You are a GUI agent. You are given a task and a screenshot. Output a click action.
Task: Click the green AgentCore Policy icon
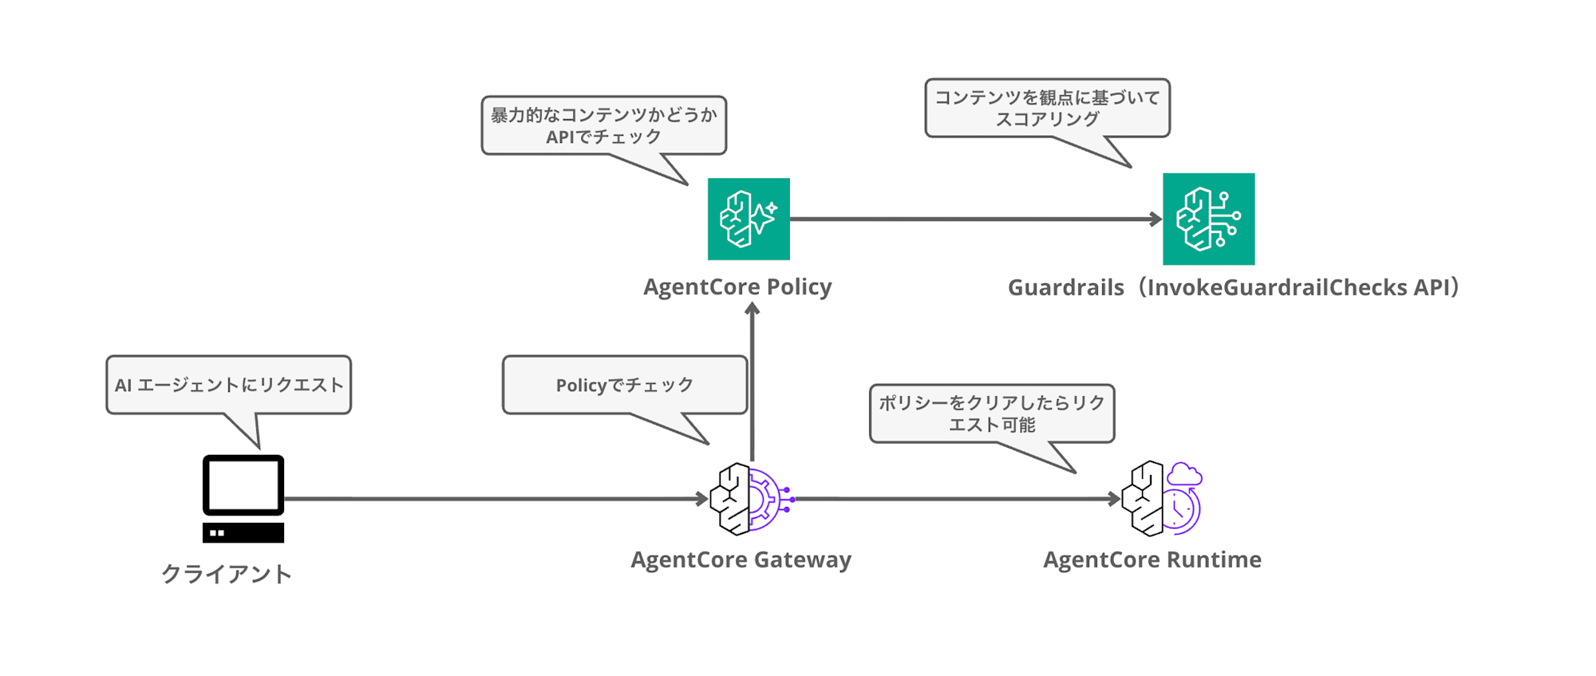tap(749, 219)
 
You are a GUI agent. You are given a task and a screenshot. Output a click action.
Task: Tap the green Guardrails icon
tap(1209, 219)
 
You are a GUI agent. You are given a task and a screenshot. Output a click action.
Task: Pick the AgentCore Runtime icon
tap(1162, 499)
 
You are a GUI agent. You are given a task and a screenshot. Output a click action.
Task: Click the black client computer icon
tap(243, 499)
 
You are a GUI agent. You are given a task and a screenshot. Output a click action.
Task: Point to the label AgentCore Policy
tap(737, 287)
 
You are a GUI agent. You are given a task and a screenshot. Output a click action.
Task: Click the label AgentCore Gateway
tap(741, 559)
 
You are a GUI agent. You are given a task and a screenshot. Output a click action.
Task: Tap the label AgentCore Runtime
tap(1152, 559)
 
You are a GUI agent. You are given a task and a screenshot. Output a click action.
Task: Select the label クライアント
tap(227, 574)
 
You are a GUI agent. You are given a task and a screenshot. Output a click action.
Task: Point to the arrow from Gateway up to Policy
tap(752, 381)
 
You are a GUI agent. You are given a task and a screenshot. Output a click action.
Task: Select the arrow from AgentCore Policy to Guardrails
tap(976, 219)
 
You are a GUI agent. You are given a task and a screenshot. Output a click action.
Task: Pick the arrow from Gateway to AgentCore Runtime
tap(958, 499)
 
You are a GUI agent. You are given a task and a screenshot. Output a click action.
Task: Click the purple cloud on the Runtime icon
tap(1184, 474)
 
